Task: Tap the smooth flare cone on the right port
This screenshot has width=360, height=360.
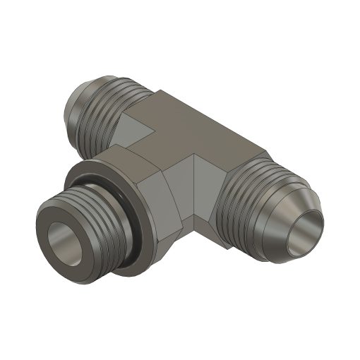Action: point(282,212)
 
